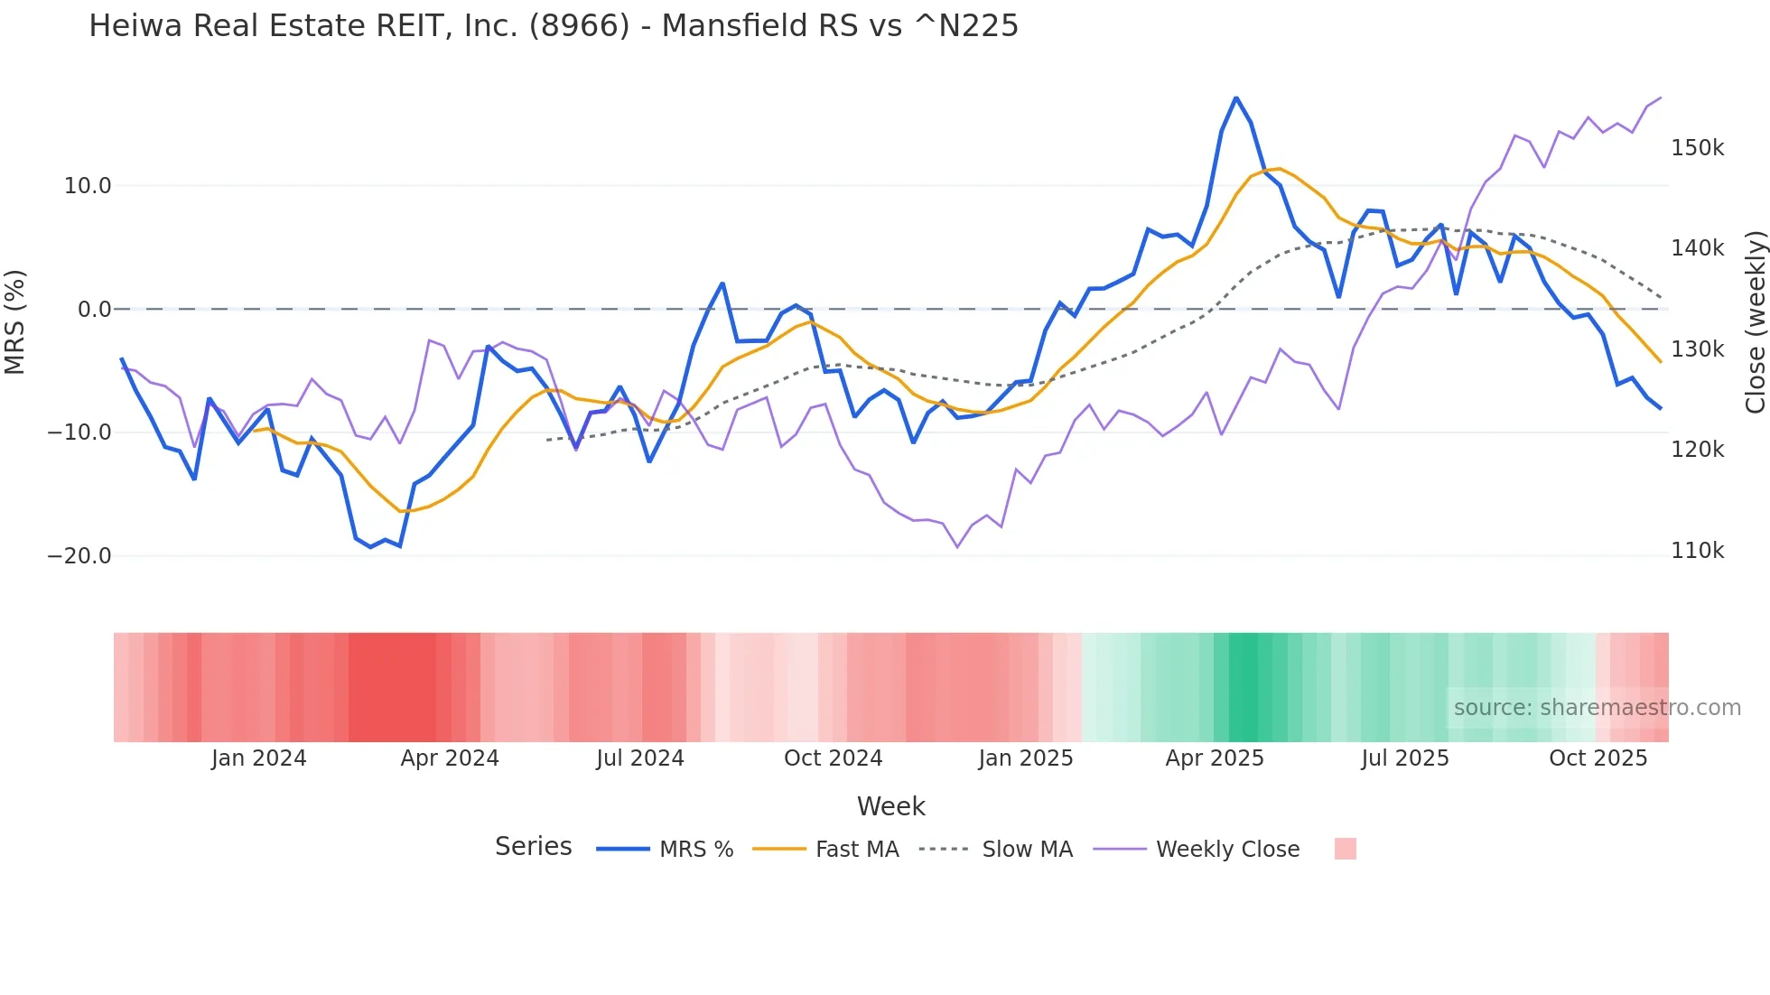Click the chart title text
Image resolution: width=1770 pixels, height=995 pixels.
click(553, 26)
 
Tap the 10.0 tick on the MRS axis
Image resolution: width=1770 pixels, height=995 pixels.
click(88, 186)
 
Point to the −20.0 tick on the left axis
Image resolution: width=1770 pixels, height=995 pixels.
click(79, 556)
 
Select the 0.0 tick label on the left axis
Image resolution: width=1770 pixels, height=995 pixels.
click(94, 310)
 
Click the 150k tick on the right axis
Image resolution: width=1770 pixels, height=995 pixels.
click(1697, 148)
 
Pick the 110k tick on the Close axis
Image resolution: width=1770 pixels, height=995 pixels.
click(1697, 551)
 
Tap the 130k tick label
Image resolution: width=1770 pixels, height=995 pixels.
click(1697, 349)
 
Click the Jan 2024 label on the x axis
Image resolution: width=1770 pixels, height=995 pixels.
click(259, 758)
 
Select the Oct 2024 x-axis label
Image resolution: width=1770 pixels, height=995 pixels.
click(833, 758)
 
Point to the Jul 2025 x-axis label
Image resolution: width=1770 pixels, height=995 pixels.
click(1405, 758)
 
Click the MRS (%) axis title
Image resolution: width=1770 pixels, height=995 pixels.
click(15, 321)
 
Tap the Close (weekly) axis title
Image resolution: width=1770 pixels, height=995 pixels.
click(1755, 321)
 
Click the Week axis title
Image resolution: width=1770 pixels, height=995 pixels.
click(890, 806)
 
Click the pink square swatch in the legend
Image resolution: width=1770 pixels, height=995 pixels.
click(1345, 849)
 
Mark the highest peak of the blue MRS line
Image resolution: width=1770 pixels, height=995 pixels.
click(1236, 98)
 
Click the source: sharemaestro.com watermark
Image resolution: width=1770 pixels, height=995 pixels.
click(1597, 708)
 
